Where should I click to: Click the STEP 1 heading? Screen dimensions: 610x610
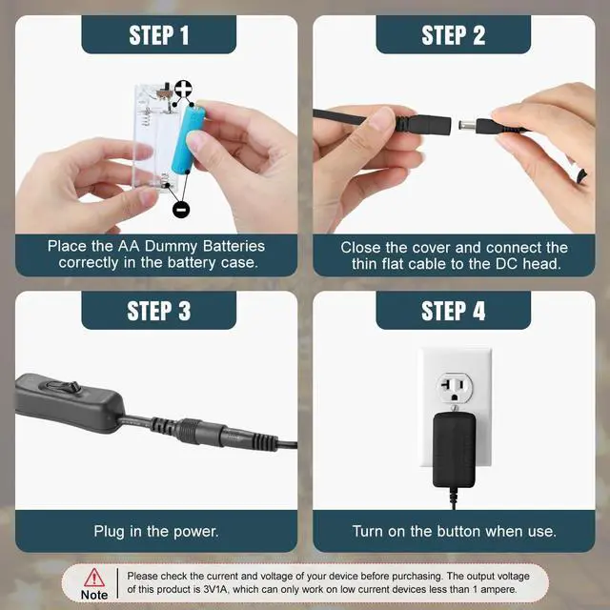pyautogui.click(x=159, y=35)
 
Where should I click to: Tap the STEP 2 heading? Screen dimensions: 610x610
pyautogui.click(x=454, y=35)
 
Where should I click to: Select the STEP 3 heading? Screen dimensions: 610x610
pyautogui.click(x=159, y=311)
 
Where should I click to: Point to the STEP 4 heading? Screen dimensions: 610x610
pyautogui.click(x=454, y=311)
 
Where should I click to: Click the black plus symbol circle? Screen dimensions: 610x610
pyautogui.click(x=183, y=89)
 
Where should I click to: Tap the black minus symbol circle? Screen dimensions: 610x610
pyautogui.click(x=181, y=210)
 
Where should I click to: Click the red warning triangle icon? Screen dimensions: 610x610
pyautogui.click(x=94, y=578)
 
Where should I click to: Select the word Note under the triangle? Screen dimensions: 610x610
pyautogui.click(x=94, y=595)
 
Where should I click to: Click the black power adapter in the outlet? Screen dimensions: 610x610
pyautogui.click(x=454, y=450)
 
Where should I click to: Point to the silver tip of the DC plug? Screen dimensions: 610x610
pyautogui.click(x=468, y=126)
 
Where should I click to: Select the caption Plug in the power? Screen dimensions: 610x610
pyautogui.click(x=156, y=532)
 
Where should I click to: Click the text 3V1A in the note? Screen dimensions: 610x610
pyautogui.click(x=216, y=589)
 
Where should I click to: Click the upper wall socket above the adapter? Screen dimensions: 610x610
pyautogui.click(x=455, y=388)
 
